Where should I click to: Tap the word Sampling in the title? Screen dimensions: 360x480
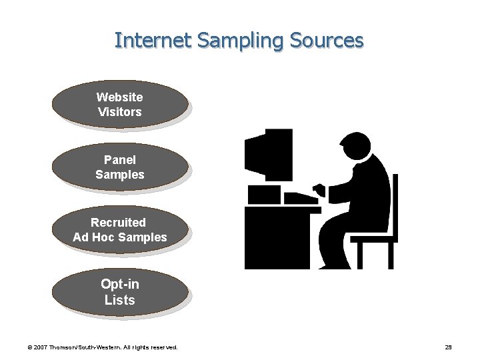click(229, 41)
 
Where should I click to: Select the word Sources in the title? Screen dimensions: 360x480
click(327, 41)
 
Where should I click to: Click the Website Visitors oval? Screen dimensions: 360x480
click(120, 105)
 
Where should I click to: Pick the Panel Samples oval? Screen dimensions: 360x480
click(120, 167)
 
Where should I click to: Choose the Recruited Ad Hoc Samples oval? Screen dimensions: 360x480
click(120, 230)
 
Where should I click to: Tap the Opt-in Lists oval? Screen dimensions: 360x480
click(120, 293)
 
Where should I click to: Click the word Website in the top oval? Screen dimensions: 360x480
click(120, 97)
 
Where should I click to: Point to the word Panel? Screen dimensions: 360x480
click(120, 160)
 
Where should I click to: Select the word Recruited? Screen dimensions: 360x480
click(118, 222)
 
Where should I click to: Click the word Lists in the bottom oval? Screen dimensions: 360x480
click(120, 301)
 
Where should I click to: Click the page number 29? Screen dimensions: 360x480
click(448, 347)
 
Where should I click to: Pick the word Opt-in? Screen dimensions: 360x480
click(120, 284)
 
